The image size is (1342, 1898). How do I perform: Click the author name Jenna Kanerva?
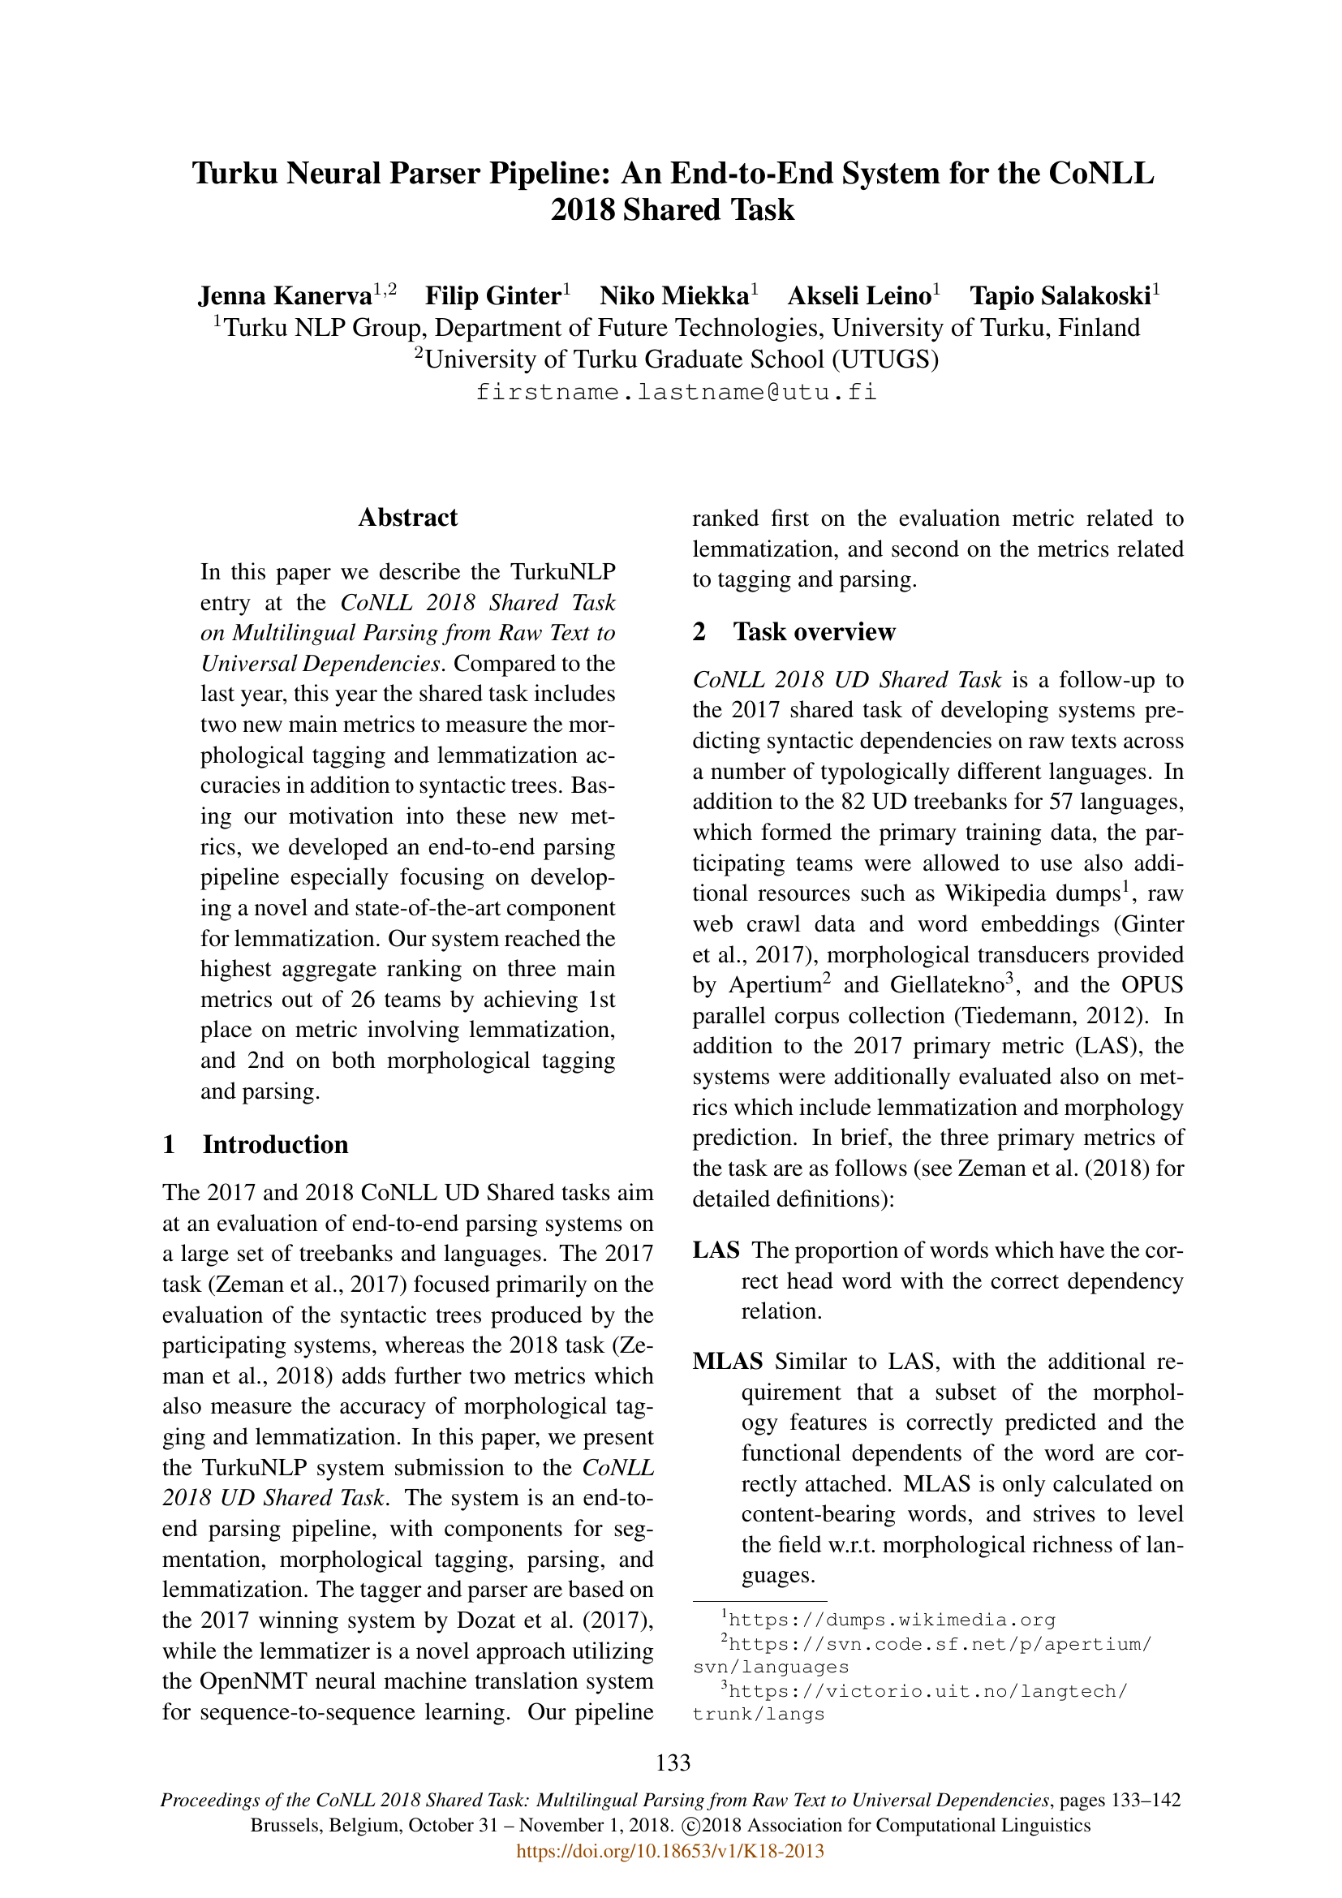(284, 296)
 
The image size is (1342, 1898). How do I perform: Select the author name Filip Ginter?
(493, 296)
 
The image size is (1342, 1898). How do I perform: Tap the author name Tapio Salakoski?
(1060, 296)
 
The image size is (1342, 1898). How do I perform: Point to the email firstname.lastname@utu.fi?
(676, 392)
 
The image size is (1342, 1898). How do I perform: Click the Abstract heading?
(407, 518)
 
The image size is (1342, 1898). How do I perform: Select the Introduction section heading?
(275, 1145)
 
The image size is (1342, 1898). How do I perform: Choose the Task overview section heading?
(814, 631)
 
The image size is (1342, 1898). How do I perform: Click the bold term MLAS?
(727, 1362)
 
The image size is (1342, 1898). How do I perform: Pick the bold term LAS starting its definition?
(716, 1250)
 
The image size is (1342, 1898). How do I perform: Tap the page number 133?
(673, 1763)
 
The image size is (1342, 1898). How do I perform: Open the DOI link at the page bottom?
(670, 1851)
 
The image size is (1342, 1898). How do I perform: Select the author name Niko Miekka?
(674, 296)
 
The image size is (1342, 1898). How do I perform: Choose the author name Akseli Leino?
(859, 296)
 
